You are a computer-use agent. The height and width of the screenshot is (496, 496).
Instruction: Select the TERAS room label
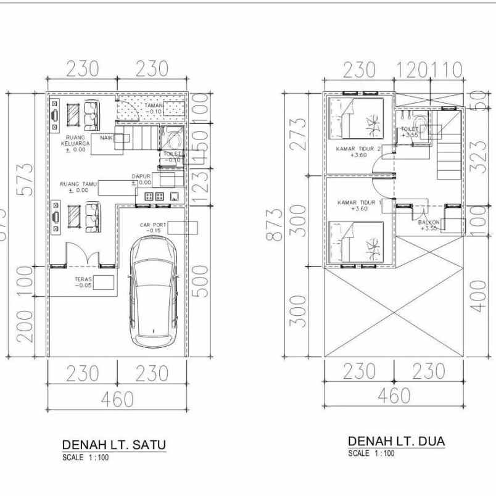(83, 282)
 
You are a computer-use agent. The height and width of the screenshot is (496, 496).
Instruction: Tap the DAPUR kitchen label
(141, 179)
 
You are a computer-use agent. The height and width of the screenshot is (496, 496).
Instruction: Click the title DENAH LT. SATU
(114, 445)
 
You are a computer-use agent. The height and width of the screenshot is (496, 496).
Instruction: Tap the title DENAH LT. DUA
(397, 442)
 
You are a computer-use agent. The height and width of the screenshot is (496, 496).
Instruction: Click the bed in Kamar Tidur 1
(358, 244)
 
